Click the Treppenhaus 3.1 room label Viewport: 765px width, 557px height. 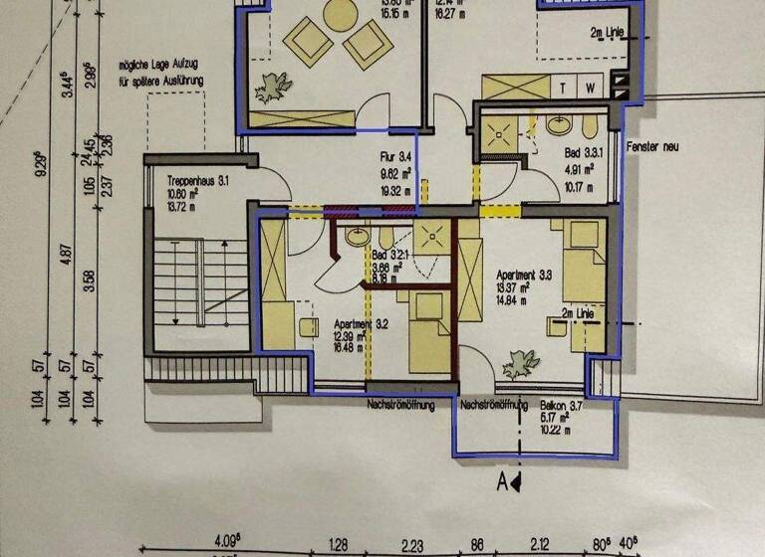pos(197,181)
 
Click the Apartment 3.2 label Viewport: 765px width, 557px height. pos(339,323)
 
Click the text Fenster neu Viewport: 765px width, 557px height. pos(652,146)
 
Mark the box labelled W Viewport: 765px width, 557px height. pos(591,89)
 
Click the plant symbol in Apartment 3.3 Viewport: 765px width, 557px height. pos(520,365)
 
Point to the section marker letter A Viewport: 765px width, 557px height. pos(504,482)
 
